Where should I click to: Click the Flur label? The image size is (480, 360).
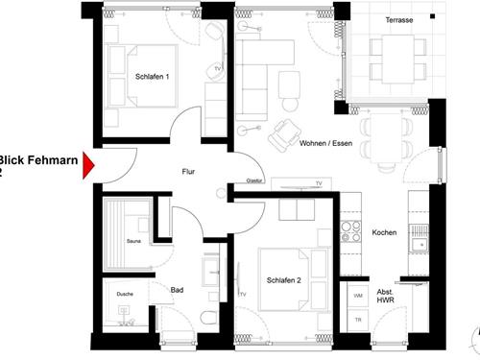pos(189,172)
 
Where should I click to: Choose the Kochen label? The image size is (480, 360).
pos(384,233)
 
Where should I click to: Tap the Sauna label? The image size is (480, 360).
pos(132,241)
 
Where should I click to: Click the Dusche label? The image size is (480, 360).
pos(124,295)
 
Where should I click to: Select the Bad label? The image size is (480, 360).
pos(177,289)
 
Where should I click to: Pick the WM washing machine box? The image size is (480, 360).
pos(358,296)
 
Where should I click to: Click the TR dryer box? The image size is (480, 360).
pos(358,319)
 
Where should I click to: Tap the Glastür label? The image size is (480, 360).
pos(254,180)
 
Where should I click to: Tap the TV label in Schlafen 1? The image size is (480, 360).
pos(218,70)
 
